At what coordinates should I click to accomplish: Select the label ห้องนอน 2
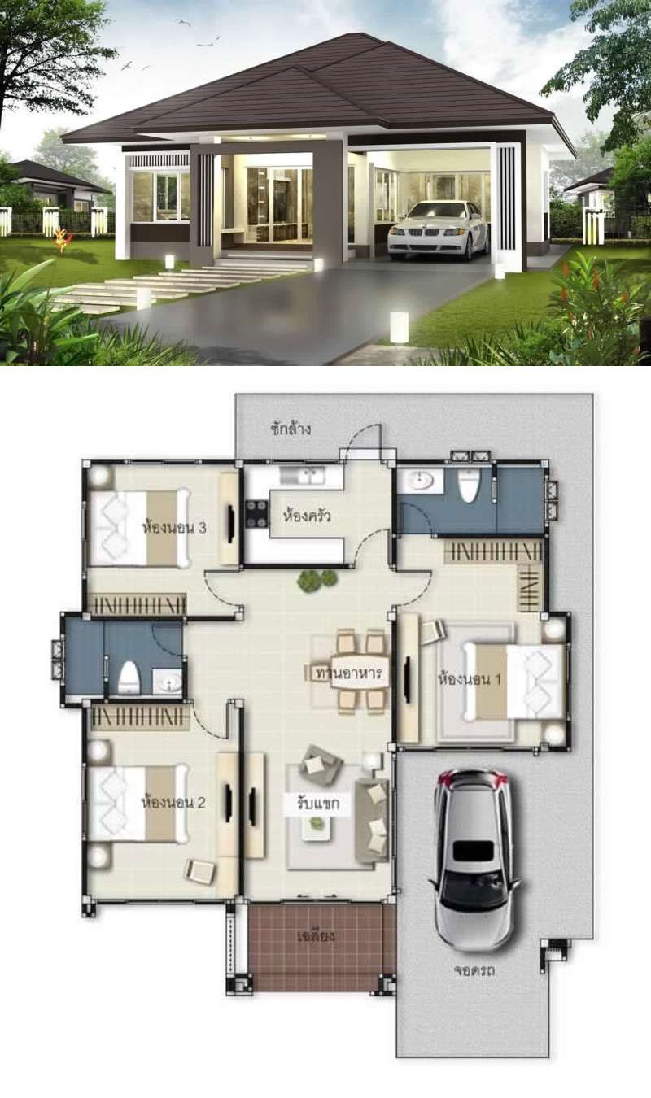pyautogui.click(x=173, y=803)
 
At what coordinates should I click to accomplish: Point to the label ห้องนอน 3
pyautogui.click(x=173, y=527)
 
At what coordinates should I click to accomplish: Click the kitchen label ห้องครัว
pyautogui.click(x=306, y=516)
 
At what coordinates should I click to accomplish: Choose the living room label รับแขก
pyautogui.click(x=317, y=804)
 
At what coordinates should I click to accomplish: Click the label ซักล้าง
pyautogui.click(x=291, y=429)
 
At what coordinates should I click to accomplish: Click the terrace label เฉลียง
pyautogui.click(x=317, y=936)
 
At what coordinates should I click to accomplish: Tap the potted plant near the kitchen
pyautogui.click(x=317, y=580)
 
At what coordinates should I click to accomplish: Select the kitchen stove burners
pyautogui.click(x=257, y=513)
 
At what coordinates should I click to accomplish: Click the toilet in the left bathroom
pyautogui.click(x=129, y=678)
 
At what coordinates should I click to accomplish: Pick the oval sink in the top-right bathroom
pyautogui.click(x=420, y=481)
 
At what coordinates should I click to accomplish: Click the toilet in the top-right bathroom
pyautogui.click(x=469, y=485)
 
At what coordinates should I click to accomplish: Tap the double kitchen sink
pyautogui.click(x=302, y=474)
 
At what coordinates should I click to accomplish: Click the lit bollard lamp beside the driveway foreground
pyautogui.click(x=399, y=326)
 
